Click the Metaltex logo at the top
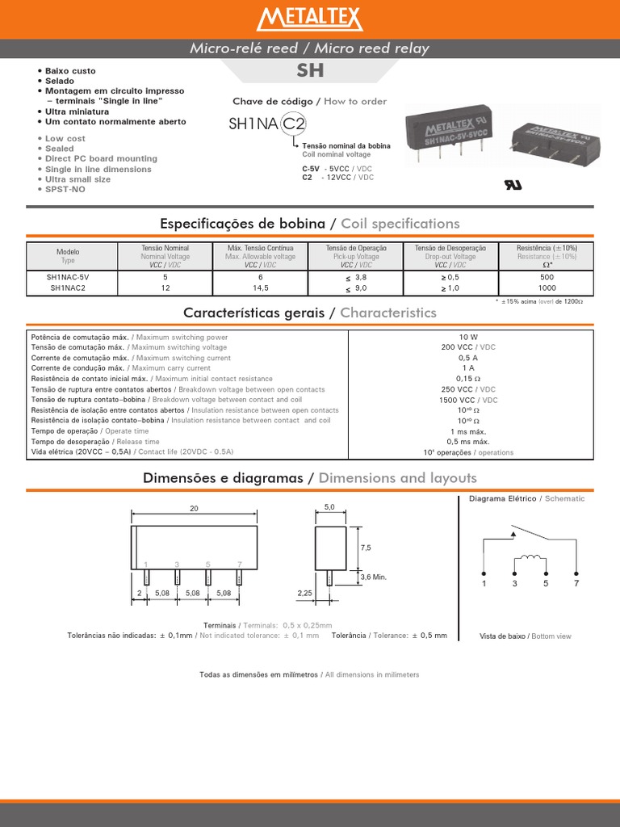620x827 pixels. pyautogui.click(x=310, y=19)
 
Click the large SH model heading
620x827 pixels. pyautogui.click(x=310, y=70)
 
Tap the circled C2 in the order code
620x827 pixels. pyautogui.click(x=295, y=124)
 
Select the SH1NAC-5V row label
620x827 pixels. pyautogui.click(x=69, y=276)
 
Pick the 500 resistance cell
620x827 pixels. pyautogui.click(x=547, y=276)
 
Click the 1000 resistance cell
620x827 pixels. pyautogui.click(x=547, y=288)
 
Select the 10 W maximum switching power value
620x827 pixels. pyautogui.click(x=469, y=336)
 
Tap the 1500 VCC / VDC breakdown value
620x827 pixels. pyautogui.click(x=469, y=399)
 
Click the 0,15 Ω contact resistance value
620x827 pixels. pyautogui.click(x=469, y=378)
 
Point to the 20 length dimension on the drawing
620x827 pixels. pyautogui.click(x=194, y=508)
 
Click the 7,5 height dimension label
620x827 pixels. pyautogui.click(x=365, y=547)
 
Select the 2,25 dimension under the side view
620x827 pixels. pyautogui.click(x=305, y=593)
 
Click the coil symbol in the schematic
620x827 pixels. pyautogui.click(x=530, y=558)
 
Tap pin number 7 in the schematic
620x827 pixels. pyautogui.click(x=576, y=583)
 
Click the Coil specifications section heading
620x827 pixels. pyautogui.click(x=310, y=223)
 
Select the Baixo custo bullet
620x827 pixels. pyautogui.click(x=69, y=71)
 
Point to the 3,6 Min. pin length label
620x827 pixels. pyautogui.click(x=373, y=577)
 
